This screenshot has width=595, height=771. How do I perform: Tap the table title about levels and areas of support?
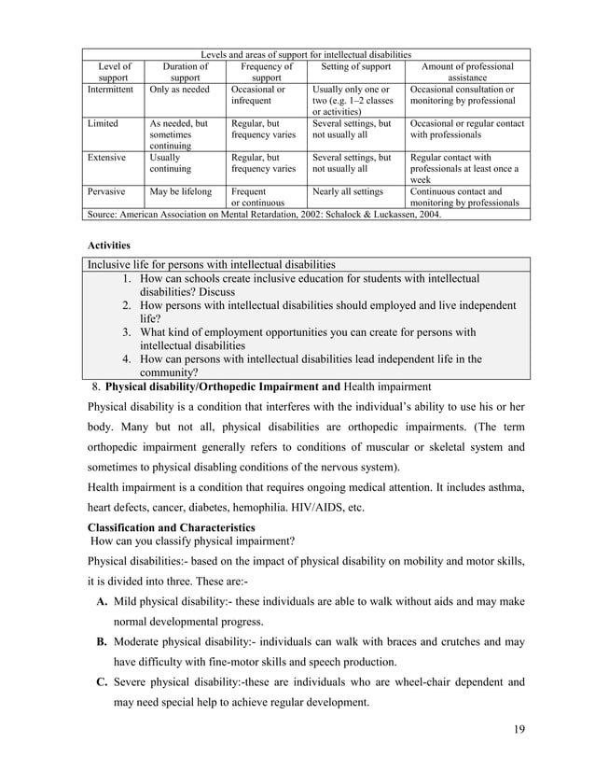click(307, 54)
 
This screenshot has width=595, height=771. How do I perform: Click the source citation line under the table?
click(264, 214)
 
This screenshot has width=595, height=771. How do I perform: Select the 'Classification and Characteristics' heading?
click(171, 526)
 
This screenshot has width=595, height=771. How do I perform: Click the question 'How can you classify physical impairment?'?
click(193, 540)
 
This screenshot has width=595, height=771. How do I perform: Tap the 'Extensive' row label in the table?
click(106, 159)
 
